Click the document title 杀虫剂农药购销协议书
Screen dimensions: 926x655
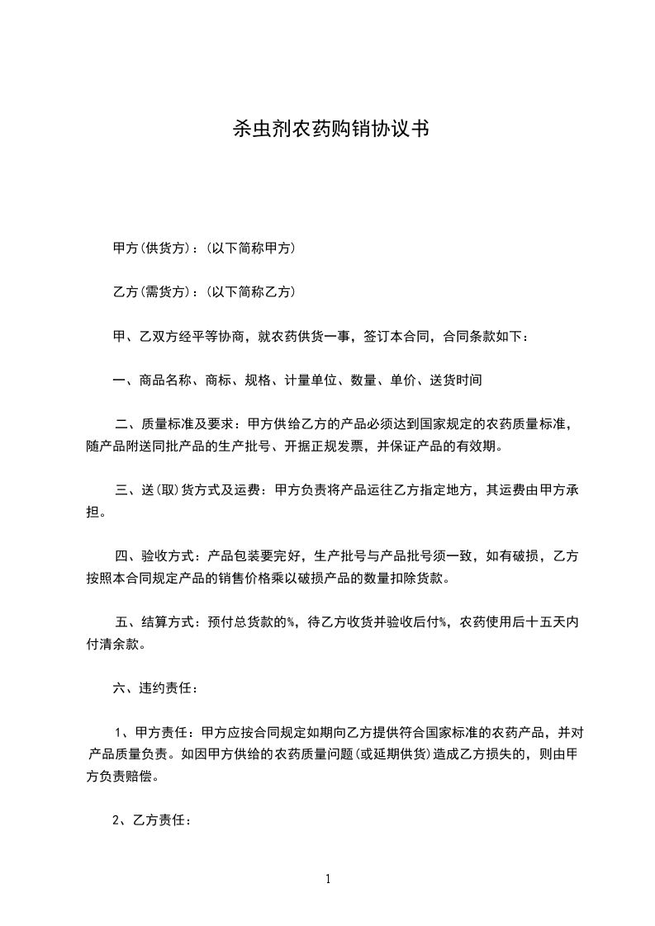328,130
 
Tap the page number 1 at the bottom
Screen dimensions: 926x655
328,879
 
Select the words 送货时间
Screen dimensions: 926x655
454,380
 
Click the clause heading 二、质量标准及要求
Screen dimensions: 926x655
172,425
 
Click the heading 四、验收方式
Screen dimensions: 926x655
156,557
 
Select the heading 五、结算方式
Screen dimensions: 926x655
156,623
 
